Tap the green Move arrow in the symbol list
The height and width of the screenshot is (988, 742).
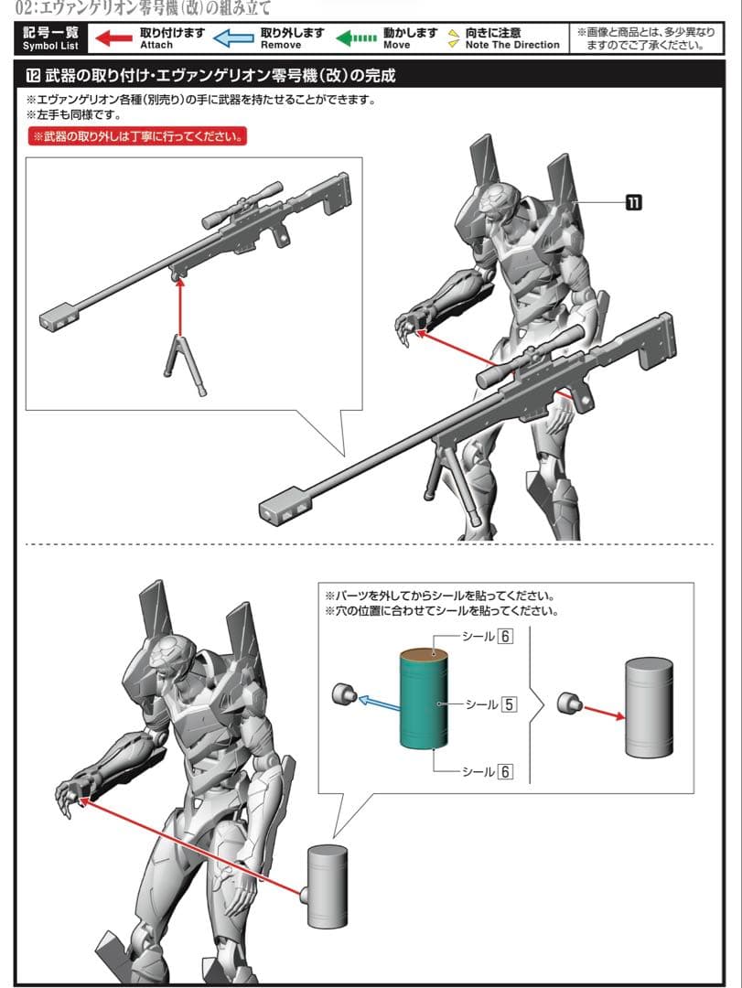[x=355, y=38]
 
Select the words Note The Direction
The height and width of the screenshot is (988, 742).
[x=511, y=45]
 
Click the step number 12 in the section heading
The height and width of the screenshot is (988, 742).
[x=33, y=75]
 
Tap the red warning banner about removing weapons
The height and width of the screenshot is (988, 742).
[x=136, y=137]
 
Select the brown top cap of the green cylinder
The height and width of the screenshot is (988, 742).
[x=423, y=655]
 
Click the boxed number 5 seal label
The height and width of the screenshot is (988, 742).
[x=509, y=704]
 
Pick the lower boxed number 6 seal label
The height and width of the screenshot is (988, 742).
[x=504, y=772]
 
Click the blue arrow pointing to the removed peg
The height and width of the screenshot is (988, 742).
[x=377, y=703]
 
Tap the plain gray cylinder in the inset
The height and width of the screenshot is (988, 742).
[x=648, y=707]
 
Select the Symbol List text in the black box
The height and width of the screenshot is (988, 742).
[x=51, y=45]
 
